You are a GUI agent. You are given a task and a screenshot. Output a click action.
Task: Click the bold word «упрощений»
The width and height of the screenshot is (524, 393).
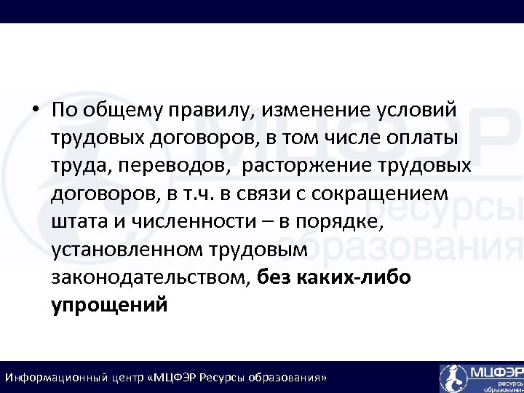pos(110,305)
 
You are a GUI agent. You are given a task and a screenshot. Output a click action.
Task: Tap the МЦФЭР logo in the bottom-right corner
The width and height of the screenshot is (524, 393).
pos(481,378)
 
